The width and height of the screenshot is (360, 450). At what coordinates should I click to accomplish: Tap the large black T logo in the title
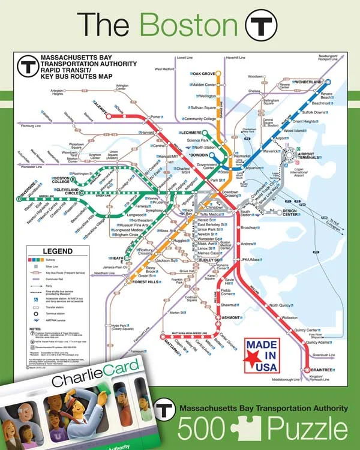point(262,25)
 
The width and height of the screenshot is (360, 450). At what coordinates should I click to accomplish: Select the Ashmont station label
point(214,317)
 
